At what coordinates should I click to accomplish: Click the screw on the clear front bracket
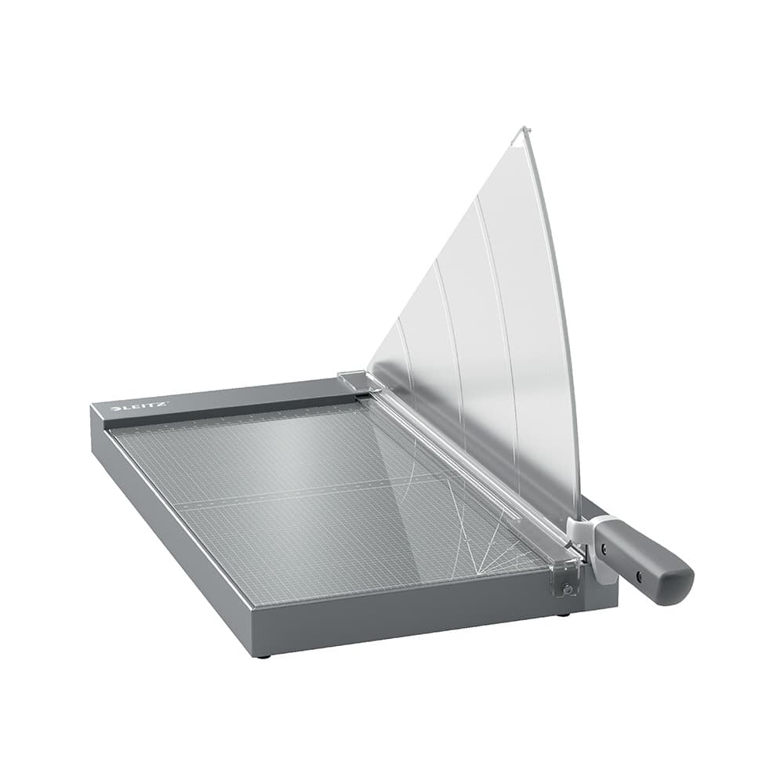[x=567, y=588]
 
